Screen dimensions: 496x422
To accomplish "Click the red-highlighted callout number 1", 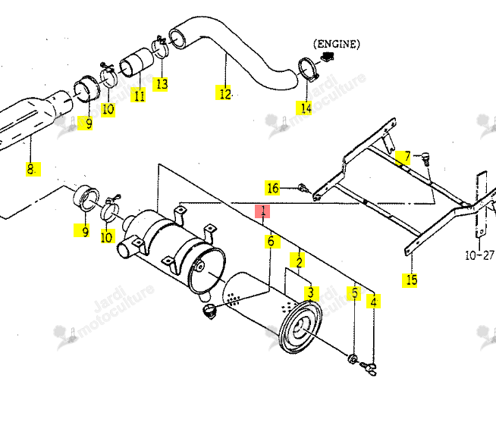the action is (262, 211).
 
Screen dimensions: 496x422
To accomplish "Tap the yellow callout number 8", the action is (33, 169).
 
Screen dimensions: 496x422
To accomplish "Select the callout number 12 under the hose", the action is (224, 92).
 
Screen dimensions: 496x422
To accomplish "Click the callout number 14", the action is (304, 108).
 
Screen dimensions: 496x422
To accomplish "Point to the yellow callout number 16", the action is (272, 188).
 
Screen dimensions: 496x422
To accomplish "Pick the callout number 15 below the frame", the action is (410, 280).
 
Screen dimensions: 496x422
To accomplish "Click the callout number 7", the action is (403, 158).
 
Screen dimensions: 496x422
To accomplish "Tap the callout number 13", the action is (160, 84).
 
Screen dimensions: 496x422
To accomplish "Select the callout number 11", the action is (139, 95).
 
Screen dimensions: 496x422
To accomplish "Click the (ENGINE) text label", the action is (337, 44).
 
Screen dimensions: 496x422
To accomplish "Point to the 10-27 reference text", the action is (479, 255).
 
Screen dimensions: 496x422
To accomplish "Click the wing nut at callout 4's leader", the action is (369, 369).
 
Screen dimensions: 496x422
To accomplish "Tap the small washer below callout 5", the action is (353, 359).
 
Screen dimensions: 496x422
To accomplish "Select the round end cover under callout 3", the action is (300, 327).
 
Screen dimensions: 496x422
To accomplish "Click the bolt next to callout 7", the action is (426, 158).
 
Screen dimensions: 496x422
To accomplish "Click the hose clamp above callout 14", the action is (308, 69).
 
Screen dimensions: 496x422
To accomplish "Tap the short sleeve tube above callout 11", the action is (136, 63).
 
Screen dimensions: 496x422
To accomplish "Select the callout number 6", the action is (272, 241).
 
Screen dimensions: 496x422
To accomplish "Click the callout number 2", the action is (297, 261).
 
